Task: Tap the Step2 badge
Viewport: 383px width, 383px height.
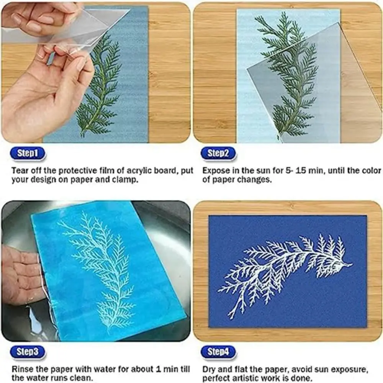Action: (218, 154)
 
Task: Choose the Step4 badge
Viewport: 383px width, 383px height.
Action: (218, 352)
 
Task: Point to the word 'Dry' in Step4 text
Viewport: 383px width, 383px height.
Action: (209, 370)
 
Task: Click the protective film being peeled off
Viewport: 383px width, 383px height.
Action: (92, 27)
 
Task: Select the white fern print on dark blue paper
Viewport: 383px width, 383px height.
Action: (283, 268)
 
